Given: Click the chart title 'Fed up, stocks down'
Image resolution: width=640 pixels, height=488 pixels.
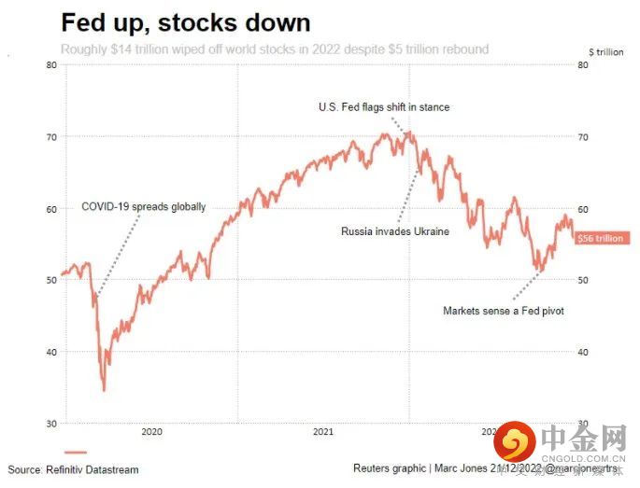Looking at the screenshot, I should [186, 21].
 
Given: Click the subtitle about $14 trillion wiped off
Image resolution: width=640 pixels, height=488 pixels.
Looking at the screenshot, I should [275, 49].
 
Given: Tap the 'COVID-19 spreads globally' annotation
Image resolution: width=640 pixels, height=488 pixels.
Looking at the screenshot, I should [143, 207].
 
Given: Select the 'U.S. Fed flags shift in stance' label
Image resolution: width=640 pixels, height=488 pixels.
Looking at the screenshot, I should [383, 107].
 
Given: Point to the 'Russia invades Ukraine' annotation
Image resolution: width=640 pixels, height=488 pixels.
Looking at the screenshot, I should [395, 231].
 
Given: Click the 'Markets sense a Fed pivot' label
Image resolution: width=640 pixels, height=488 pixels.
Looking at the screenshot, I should [503, 311].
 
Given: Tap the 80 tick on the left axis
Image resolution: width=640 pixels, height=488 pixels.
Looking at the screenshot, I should [50, 64].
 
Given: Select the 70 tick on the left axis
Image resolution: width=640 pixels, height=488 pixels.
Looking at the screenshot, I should [50, 136].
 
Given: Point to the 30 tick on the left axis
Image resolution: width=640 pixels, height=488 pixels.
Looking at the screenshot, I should [50, 424].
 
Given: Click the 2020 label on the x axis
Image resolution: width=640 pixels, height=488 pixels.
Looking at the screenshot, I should [151, 432].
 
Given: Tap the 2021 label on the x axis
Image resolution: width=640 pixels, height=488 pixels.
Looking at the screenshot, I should [322, 432].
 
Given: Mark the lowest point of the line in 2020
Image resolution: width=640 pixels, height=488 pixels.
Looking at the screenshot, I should [104, 390].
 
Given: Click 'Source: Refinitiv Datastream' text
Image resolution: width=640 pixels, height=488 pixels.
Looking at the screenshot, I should [73, 469].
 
